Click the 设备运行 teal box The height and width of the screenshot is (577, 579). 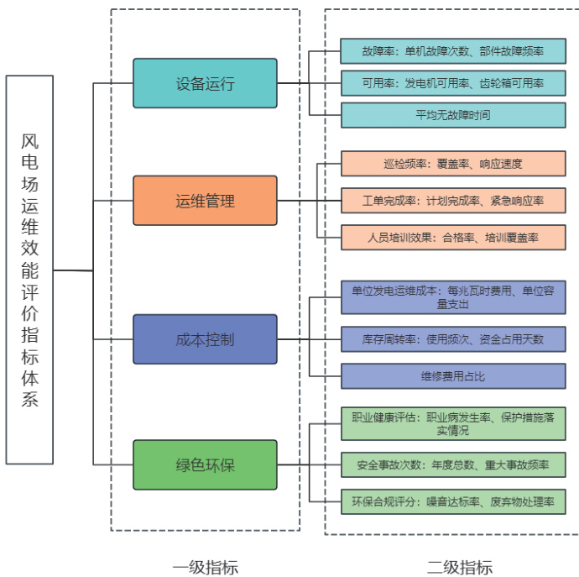[205, 83]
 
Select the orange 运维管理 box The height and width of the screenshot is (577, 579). [205, 201]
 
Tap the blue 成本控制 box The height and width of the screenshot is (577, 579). [205, 339]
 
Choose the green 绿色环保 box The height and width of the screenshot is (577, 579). [205, 464]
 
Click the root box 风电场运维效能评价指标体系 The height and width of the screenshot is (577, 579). [30, 270]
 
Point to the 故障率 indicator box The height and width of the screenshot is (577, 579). [452, 51]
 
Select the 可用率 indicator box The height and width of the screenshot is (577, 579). [452, 83]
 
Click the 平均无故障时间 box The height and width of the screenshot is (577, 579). [452, 115]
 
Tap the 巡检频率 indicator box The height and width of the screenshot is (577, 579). [452, 163]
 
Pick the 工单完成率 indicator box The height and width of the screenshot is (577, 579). [452, 201]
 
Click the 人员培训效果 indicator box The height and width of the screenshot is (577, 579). [452, 238]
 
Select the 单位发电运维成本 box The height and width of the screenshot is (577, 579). [452, 297]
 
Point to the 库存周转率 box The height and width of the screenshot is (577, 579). [452, 339]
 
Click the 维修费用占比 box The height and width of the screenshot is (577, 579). [452, 375]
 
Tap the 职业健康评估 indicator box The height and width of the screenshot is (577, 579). [452, 423]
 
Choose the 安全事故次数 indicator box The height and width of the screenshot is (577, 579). [452, 464]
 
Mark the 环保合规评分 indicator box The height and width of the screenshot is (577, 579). [452, 501]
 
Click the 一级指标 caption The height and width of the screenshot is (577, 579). [205, 566]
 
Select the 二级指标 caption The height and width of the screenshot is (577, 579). [459, 566]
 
